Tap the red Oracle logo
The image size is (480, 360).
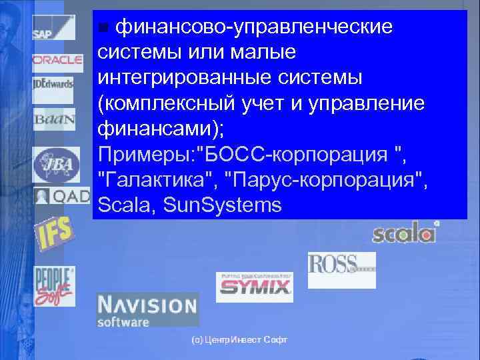[57, 60]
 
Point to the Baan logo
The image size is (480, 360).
[50, 119]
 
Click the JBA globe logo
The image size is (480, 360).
[56, 164]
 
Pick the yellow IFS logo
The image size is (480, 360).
[55, 232]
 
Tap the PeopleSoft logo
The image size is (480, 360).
[55, 285]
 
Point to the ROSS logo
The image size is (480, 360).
[341, 267]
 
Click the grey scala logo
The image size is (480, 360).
[405, 233]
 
